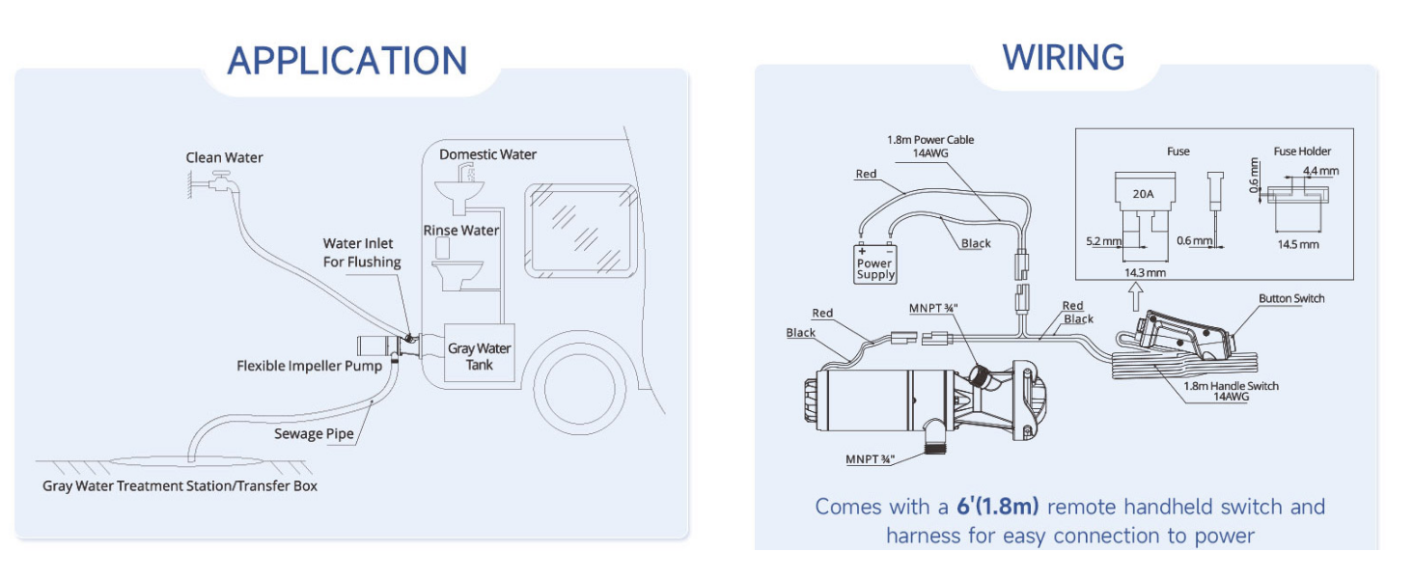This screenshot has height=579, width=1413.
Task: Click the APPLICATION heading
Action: tap(346, 60)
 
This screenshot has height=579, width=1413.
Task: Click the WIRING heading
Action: tap(1063, 57)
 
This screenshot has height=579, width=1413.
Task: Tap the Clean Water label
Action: tap(224, 157)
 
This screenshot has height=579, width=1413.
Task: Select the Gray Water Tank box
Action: tap(479, 354)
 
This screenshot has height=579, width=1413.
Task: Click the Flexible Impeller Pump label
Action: tap(309, 366)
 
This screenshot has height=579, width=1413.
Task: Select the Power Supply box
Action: tap(875, 263)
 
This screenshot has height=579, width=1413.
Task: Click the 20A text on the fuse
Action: tap(1143, 193)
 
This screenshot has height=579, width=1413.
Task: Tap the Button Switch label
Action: tap(1290, 298)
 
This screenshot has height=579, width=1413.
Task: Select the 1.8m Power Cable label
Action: tap(930, 146)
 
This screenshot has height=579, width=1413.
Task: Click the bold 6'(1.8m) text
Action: tap(998, 507)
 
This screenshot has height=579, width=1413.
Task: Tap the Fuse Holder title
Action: tap(1302, 152)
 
